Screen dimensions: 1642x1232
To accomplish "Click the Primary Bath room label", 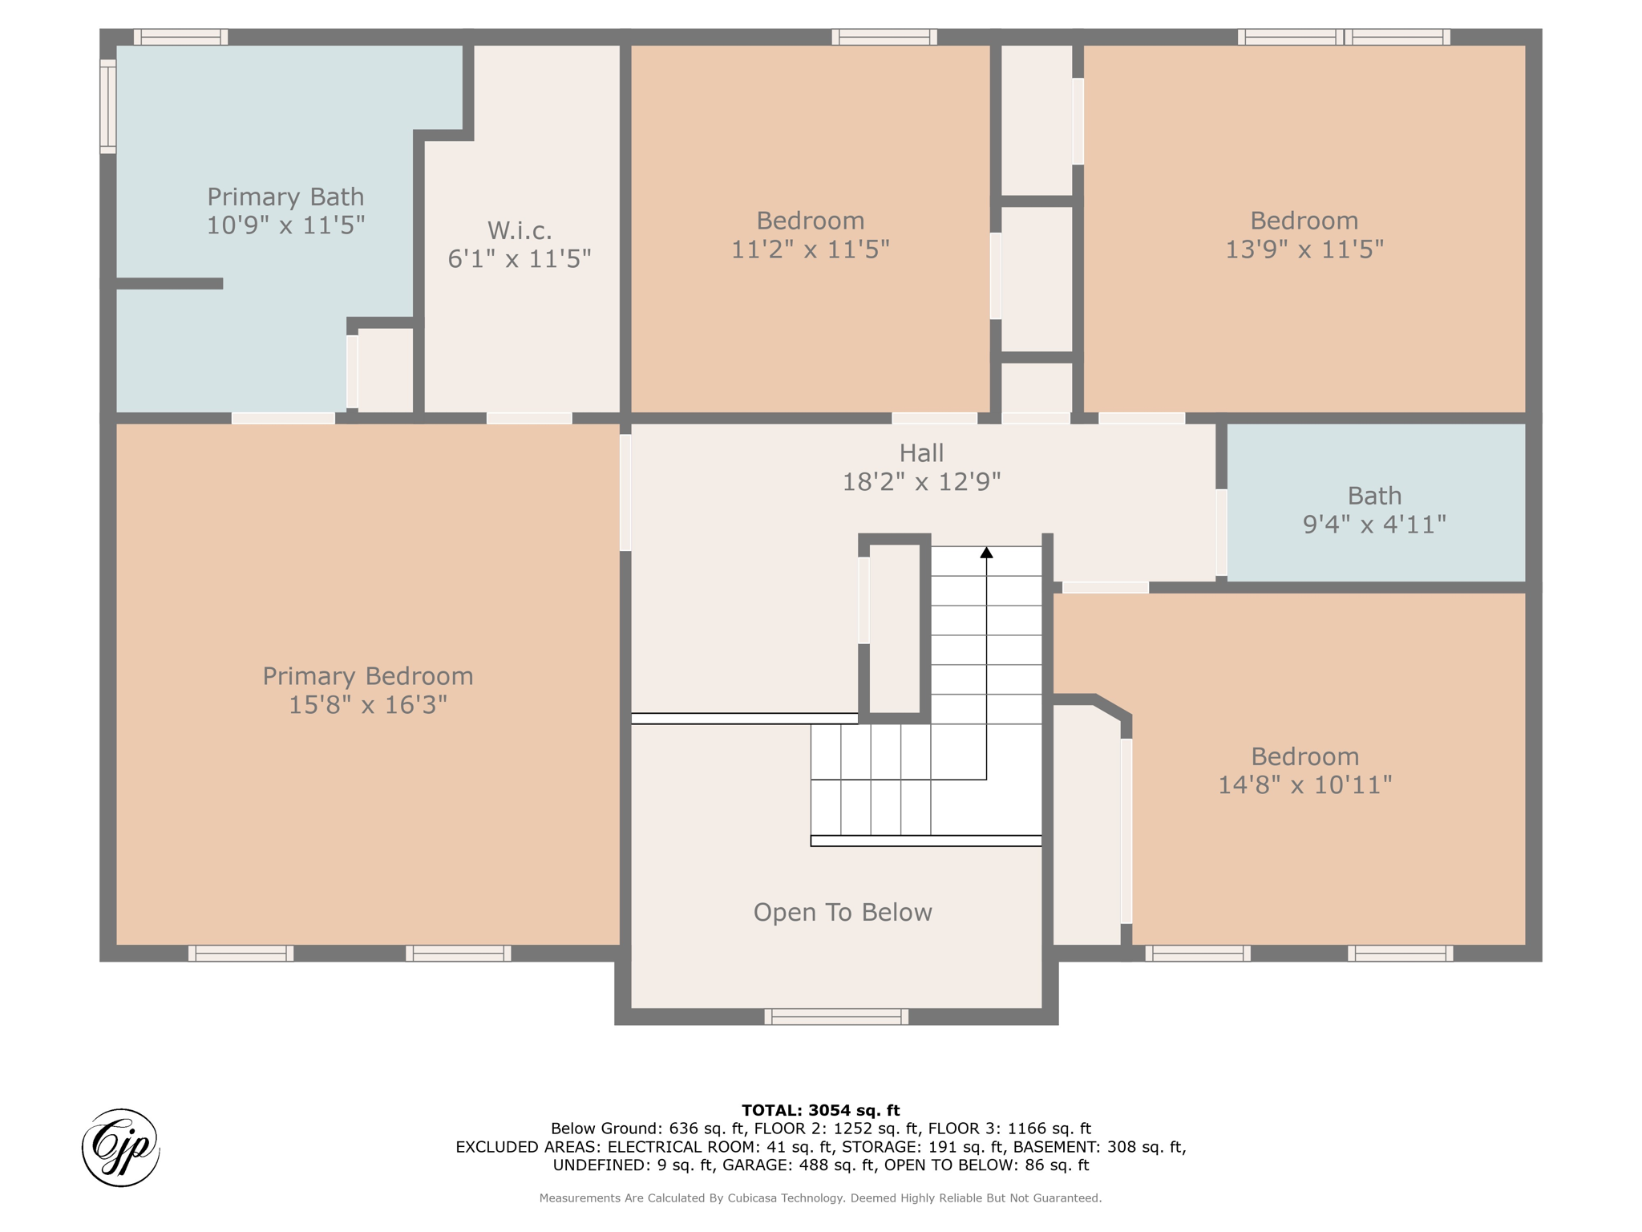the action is click(285, 197).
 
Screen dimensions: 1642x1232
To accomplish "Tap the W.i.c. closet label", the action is click(520, 231).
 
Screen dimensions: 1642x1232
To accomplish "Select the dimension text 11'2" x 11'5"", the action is click(810, 249).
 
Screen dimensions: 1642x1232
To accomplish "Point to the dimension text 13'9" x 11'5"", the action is click(1304, 249).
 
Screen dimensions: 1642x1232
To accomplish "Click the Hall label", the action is click(921, 453).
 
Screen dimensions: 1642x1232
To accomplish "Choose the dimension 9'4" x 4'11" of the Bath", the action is click(1374, 524).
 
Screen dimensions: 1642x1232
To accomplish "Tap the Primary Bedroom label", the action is click(368, 676).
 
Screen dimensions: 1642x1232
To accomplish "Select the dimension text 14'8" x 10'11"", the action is click(1304, 784).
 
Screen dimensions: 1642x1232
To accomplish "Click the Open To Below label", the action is click(843, 912).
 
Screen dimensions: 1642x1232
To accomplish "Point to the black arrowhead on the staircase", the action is click(986, 553).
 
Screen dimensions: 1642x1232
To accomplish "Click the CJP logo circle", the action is click(121, 1148).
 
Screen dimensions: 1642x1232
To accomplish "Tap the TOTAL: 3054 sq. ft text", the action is click(820, 1110).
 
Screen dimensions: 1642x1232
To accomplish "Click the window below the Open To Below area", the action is click(836, 1017).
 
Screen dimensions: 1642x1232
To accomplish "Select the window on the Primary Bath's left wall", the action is click(108, 105).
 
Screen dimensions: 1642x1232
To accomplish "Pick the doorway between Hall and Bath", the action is click(1221, 533).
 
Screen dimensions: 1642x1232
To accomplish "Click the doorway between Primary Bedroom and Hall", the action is click(625, 492).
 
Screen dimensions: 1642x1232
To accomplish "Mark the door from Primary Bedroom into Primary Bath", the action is click(283, 418).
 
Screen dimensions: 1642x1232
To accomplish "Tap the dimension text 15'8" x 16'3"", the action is click(368, 705).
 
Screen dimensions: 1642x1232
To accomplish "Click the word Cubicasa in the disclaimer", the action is click(754, 1198).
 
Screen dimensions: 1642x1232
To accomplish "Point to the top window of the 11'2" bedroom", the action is click(884, 37).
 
